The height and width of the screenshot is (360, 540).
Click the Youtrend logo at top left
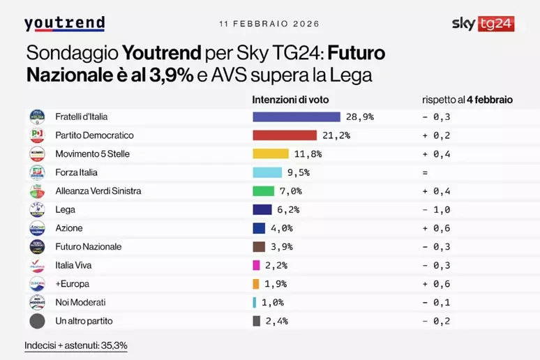pos(64,24)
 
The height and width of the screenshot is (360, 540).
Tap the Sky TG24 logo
pos(483,24)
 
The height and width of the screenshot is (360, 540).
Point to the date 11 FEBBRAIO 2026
pos(269,24)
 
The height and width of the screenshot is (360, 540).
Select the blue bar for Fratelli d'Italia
pos(296,117)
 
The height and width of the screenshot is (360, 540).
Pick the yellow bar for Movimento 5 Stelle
pos(270,153)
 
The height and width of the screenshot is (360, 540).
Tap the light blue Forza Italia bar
pos(267,172)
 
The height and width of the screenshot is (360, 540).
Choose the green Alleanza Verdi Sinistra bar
pos(262,190)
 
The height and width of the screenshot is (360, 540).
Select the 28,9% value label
pos(360,117)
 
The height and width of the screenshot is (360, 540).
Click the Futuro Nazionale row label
pos(88,246)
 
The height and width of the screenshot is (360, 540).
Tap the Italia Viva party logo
pos(37,265)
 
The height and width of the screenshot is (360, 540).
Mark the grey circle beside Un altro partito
pos(37,321)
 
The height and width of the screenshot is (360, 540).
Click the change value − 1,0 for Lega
pos(437,209)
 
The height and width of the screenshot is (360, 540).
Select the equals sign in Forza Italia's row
pos(425,172)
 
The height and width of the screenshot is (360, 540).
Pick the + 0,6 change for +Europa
pos(437,284)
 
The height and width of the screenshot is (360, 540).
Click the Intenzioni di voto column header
pos(290,100)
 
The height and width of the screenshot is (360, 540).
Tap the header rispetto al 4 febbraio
pos(467,100)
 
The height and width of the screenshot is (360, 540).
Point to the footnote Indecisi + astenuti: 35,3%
pos(75,345)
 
